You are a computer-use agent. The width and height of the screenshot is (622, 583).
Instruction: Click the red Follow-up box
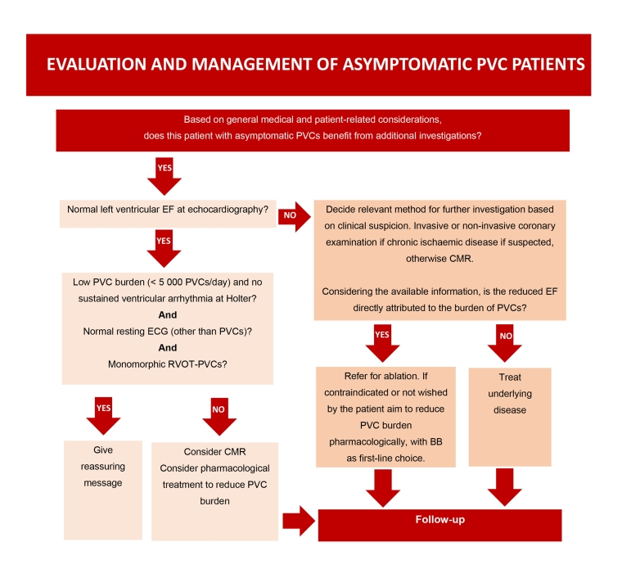(439, 525)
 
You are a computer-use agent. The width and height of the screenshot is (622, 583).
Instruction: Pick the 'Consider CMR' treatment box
(214, 489)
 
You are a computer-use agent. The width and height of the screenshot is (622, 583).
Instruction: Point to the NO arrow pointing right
(294, 218)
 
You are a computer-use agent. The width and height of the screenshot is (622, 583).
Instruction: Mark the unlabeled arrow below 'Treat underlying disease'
(507, 487)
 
